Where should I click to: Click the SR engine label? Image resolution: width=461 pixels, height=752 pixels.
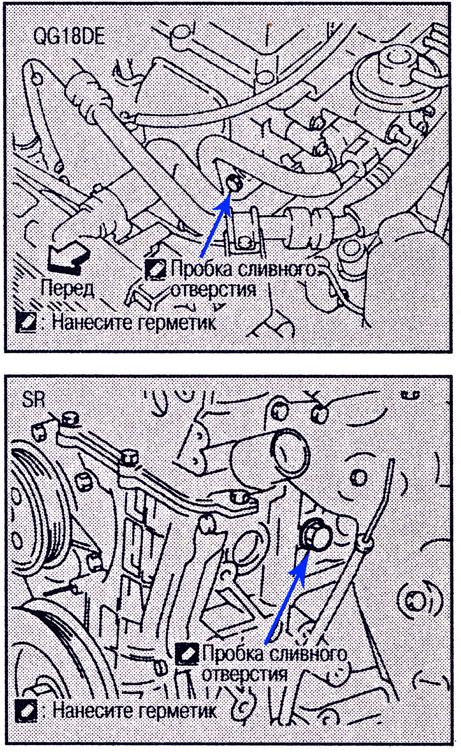34,401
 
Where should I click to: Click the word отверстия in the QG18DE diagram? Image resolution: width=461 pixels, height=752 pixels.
213,290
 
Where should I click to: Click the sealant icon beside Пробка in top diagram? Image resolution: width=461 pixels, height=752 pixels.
156,269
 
